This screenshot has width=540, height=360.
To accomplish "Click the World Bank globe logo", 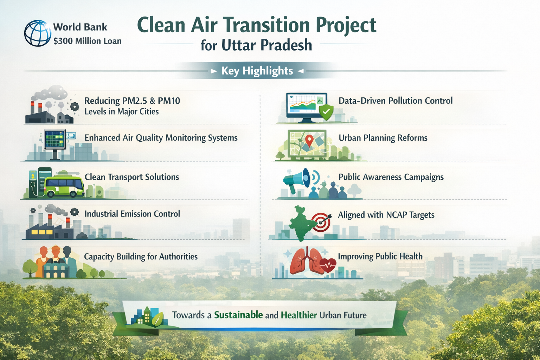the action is coord(38,33).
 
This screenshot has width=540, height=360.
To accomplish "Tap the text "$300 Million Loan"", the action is coord(88,41).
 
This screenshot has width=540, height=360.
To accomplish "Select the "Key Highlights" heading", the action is coord(257,71).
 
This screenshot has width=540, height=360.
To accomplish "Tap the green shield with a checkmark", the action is coord(326,112).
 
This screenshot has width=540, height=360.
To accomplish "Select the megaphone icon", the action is coord(297,180).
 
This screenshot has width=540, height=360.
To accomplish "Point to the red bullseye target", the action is coord(321,222).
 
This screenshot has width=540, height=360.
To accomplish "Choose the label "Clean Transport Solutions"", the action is coord(132,177).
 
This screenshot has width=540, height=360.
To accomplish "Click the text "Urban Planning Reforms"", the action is coord(383,138).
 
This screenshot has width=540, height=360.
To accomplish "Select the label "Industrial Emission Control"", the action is coord(132,214).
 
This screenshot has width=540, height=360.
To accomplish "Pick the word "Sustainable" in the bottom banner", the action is coord(238,315).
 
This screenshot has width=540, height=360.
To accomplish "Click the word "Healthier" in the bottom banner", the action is coord(299,315).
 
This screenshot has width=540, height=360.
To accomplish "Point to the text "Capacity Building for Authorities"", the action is coord(141,257).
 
